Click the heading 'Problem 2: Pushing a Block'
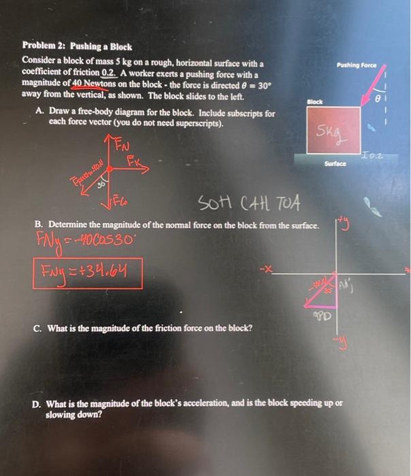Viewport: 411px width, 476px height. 77,48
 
